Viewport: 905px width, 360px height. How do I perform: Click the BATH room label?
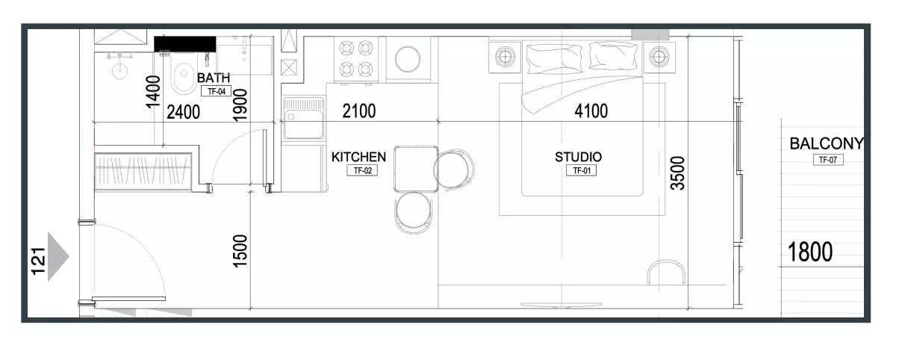[x=214, y=78]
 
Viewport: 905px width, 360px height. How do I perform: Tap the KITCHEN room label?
[x=358, y=157]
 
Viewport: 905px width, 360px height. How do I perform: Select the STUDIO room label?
[x=578, y=157]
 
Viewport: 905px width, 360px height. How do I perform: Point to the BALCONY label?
[x=826, y=143]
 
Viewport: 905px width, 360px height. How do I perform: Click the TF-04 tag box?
[x=216, y=91]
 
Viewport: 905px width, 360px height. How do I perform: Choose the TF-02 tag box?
[x=362, y=170]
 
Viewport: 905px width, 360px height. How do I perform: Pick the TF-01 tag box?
[x=582, y=170]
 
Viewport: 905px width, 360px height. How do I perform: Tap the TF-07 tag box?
[x=828, y=160]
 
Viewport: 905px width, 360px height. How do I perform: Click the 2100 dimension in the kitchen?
[x=358, y=111]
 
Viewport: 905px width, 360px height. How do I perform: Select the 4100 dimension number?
[x=591, y=111]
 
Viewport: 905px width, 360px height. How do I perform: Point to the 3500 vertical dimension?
[x=677, y=173]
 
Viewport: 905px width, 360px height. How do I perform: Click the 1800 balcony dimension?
[x=810, y=252]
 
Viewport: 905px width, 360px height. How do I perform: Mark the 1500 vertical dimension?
[x=240, y=251]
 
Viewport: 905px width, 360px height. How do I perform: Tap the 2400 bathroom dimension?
[x=184, y=112]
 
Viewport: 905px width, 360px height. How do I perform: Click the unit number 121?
[x=38, y=261]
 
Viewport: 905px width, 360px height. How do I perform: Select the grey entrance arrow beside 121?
[x=57, y=257]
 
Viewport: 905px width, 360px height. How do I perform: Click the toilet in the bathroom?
[x=184, y=75]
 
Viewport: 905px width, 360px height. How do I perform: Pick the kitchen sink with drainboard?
[x=303, y=118]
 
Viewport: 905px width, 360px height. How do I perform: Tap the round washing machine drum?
[x=408, y=59]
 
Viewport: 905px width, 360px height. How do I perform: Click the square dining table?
[x=416, y=169]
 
